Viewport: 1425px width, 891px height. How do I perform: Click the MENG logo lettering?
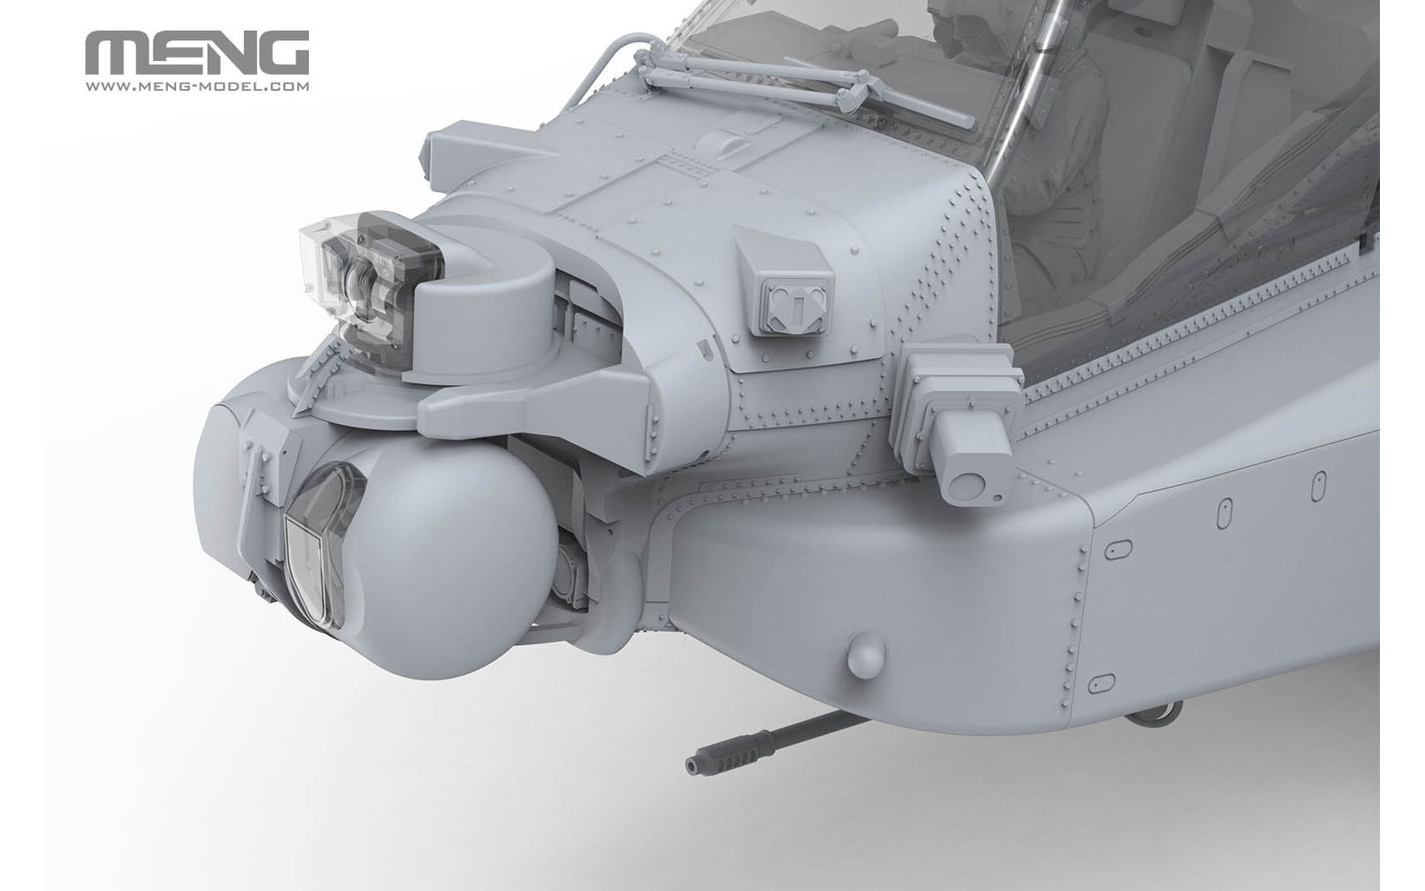pyautogui.click(x=197, y=55)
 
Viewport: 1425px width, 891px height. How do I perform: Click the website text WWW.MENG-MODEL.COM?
pyautogui.click(x=197, y=86)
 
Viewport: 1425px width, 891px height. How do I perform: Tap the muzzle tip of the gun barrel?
pyautogui.click(x=692, y=763)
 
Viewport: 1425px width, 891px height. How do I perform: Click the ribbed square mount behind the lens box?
pyautogui.click(x=960, y=392)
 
